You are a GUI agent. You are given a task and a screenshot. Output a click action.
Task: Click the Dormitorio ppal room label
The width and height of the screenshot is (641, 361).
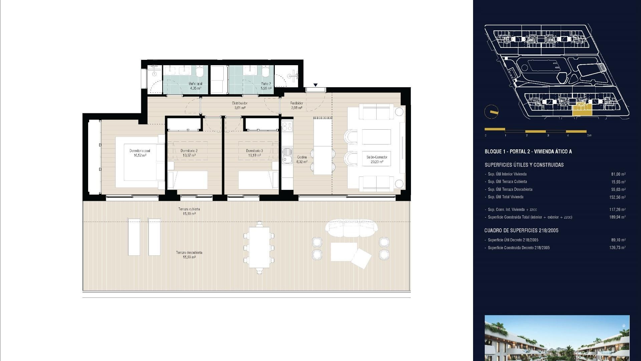tap(140, 153)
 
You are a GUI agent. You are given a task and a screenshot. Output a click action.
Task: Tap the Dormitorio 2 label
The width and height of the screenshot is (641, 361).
tap(189, 153)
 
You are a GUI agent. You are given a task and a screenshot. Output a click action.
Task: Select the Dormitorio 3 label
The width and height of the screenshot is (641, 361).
tap(254, 153)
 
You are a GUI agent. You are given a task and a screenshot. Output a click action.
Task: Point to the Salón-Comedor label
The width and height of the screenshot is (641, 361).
tap(377, 159)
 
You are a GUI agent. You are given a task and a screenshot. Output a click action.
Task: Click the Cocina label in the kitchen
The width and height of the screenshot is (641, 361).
tap(302, 159)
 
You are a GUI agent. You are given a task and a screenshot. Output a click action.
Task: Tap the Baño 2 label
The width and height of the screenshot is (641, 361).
tap(266, 86)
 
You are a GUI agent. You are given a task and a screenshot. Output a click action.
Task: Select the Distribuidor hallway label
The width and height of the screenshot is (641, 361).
tap(240, 105)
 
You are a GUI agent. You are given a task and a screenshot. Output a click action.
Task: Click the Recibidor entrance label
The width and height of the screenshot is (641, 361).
tap(296, 105)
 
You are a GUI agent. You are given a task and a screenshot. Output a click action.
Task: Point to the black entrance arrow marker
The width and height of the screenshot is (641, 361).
tap(315, 85)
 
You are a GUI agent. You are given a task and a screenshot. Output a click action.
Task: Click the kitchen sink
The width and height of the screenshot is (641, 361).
tap(286, 156)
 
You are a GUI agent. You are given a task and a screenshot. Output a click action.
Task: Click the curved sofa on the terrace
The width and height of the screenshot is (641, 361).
tap(351, 227)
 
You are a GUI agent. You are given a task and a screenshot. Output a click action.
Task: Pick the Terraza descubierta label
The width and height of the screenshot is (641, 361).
tap(189, 255)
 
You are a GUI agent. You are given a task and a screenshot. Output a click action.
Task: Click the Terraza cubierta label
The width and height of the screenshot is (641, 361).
tap(189, 211)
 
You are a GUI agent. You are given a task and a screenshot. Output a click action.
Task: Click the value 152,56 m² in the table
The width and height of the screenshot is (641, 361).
tap(617, 197)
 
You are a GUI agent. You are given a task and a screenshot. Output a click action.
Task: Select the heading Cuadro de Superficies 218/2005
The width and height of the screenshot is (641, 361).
tap(521, 230)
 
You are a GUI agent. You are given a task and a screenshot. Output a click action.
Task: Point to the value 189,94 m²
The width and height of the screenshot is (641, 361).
tap(617, 217)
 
